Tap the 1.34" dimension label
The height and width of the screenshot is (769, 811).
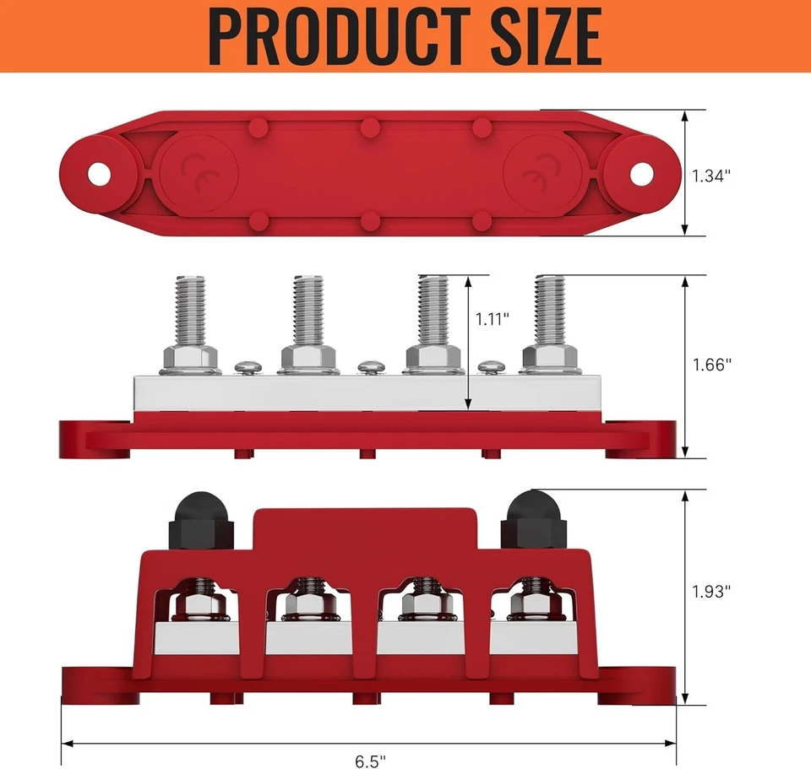(x=710, y=176)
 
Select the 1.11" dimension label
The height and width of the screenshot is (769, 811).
(x=493, y=319)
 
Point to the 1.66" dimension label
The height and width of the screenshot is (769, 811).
(x=710, y=365)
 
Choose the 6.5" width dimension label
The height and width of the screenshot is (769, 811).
(x=367, y=761)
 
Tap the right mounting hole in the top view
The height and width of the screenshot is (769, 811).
(x=641, y=174)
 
